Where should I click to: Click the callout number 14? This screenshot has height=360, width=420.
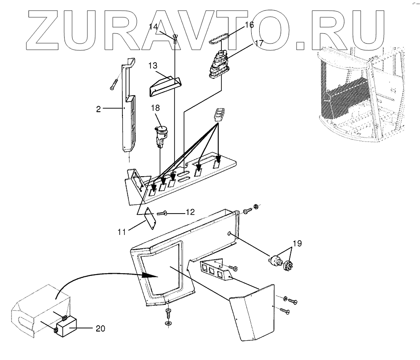[153, 27]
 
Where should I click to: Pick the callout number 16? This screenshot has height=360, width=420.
[249, 25]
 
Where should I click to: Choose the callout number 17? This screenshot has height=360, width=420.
[259, 44]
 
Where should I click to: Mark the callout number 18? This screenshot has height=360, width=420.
[155, 108]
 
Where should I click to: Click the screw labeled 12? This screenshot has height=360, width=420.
[163, 214]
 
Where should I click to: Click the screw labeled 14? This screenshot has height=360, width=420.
[175, 38]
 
